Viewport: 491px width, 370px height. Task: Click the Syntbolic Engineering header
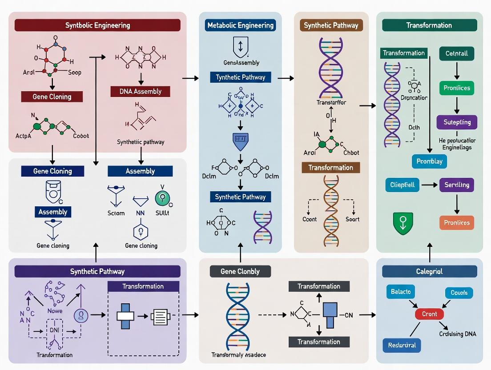coord(97,25)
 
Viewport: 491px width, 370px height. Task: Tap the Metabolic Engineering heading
coord(241,25)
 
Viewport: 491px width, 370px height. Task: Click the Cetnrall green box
coord(456,54)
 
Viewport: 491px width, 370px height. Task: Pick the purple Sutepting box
coord(457,122)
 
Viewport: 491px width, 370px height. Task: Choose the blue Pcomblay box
coord(429,161)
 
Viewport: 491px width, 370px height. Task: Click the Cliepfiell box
coord(402,185)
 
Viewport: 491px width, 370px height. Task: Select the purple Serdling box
coord(457,185)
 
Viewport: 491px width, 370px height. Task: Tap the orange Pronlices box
coord(457,222)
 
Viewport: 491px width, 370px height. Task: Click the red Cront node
coord(429,314)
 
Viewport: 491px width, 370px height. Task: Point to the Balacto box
coord(401,292)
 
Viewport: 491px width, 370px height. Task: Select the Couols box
coord(459,293)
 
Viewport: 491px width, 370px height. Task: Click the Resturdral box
coord(402,345)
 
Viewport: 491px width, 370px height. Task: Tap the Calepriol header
coord(429,271)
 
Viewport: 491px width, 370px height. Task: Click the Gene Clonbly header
coord(240,271)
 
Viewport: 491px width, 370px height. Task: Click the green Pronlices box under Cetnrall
coord(457,88)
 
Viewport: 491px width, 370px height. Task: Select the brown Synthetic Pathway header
coord(331,25)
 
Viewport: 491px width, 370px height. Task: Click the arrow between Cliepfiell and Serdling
coord(429,185)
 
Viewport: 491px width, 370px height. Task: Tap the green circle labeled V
coord(162,198)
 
